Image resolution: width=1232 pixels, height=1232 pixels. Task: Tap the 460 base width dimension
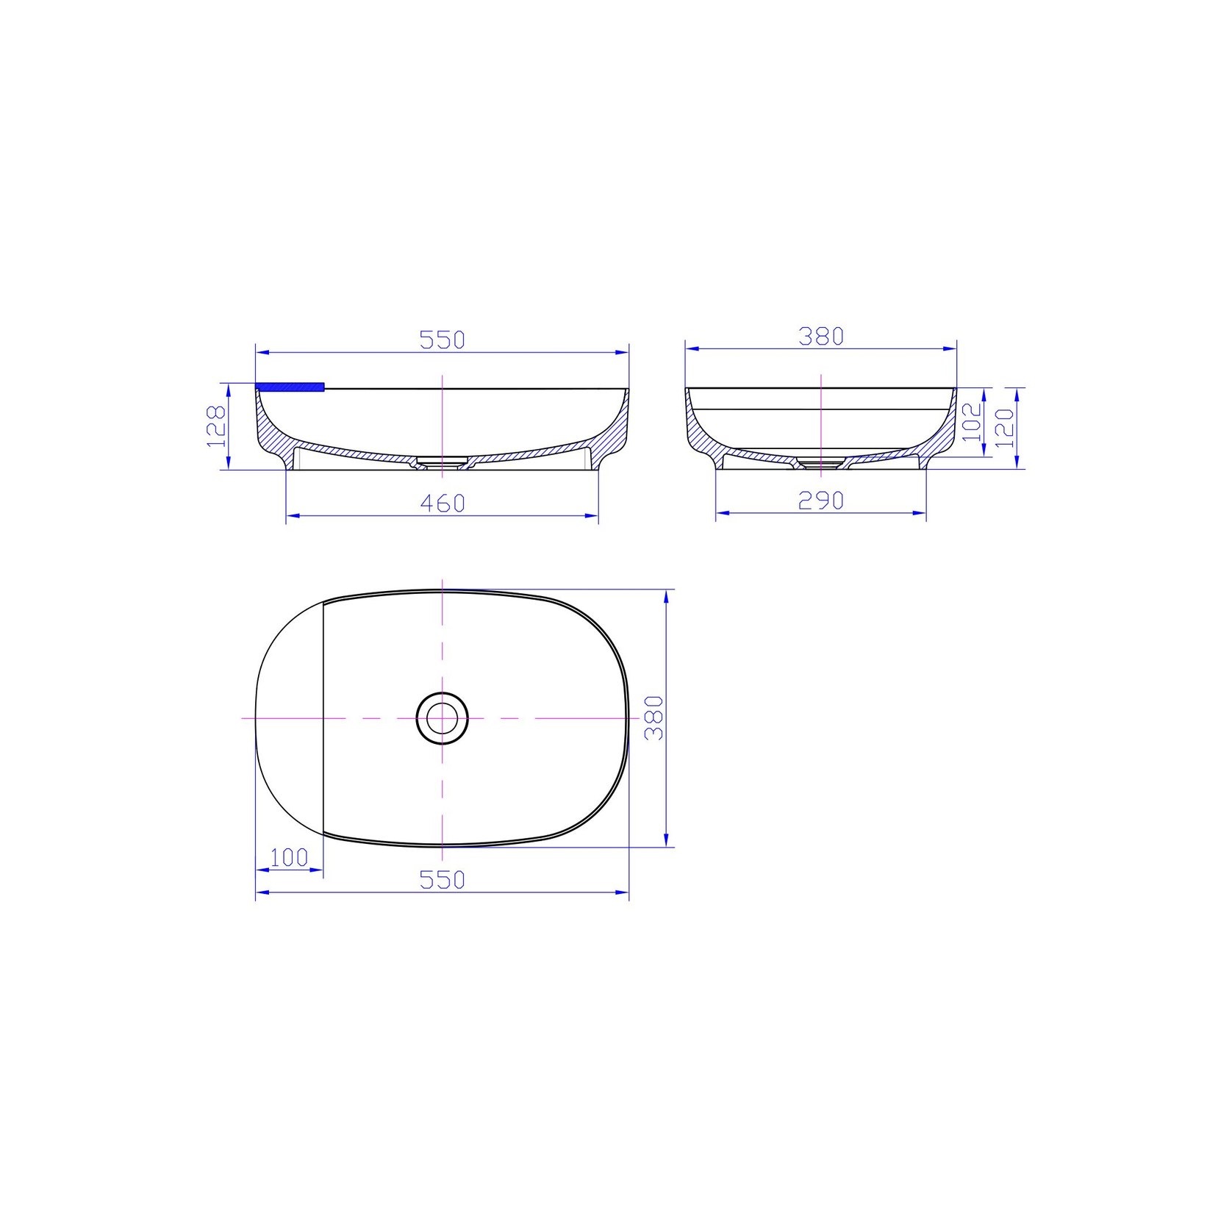pos(443,504)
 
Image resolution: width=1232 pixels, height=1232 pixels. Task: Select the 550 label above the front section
pos(443,340)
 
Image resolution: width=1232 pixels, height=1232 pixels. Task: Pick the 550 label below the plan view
pos(443,879)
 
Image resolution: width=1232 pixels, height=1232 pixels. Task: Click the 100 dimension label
pos(289,857)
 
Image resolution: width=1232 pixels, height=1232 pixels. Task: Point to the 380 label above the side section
pos(821,337)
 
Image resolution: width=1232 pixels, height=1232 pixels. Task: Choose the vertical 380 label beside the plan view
pos(654,718)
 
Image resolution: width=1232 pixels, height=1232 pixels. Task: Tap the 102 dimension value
pos(972,422)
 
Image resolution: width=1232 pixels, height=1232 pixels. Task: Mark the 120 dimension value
pos(1004,428)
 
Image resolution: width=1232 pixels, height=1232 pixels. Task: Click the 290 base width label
pos(821,501)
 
